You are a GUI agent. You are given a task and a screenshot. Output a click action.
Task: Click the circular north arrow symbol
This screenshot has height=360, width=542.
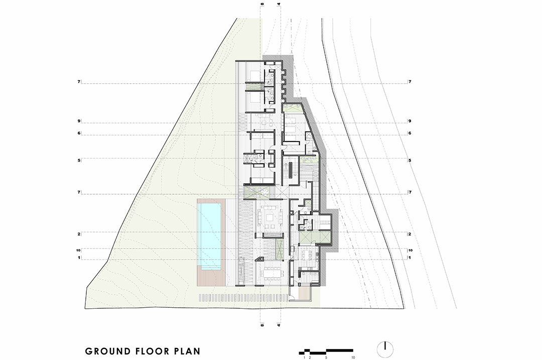[x=385, y=349]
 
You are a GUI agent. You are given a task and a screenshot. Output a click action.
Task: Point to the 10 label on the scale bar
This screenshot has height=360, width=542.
[x=353, y=357]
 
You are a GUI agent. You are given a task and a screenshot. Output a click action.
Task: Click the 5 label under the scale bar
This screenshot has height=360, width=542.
[x=326, y=357]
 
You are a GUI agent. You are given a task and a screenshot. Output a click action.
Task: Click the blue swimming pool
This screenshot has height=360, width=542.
[x=209, y=236]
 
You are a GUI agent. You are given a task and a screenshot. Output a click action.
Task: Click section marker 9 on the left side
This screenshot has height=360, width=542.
[x=79, y=121]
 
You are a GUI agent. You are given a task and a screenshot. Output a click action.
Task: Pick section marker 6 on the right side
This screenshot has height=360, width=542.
[x=410, y=133]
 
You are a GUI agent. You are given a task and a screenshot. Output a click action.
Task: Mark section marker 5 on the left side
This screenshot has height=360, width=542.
[x=79, y=161]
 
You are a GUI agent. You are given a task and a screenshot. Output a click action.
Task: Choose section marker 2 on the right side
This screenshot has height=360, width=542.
[x=410, y=234]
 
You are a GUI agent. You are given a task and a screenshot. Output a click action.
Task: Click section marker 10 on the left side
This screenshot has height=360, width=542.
[x=78, y=250]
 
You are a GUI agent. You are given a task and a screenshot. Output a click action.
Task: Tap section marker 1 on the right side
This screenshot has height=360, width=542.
[x=410, y=258]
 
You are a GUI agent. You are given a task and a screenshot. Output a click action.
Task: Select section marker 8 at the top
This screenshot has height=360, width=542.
[x=262, y=4]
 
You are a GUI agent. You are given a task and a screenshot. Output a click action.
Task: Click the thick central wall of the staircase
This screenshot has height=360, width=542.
[x=291, y=171]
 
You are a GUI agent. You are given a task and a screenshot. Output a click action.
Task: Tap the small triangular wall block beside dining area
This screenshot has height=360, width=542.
[x=259, y=259]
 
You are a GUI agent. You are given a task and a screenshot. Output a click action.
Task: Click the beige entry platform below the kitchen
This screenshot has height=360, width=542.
[x=305, y=294]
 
